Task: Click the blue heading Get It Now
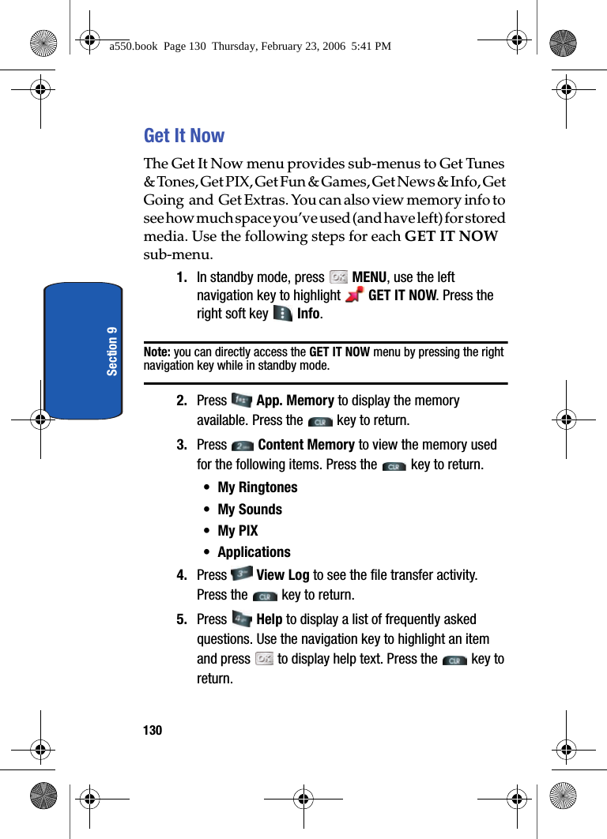(x=184, y=136)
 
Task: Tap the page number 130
(x=153, y=731)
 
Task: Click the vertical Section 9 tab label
(x=112, y=350)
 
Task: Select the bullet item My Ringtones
(x=258, y=487)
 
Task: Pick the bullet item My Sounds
(x=250, y=510)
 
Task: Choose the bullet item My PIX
(x=238, y=531)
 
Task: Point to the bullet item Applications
(x=254, y=552)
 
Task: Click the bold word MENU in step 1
(x=369, y=277)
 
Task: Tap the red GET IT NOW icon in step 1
(x=354, y=295)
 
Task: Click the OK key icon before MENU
(x=338, y=277)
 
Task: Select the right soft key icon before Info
(x=282, y=314)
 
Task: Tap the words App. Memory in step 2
(x=295, y=401)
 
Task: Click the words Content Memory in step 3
(x=306, y=445)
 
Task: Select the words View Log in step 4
(x=283, y=575)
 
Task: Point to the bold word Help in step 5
(x=270, y=619)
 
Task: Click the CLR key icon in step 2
(x=320, y=422)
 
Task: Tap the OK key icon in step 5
(x=264, y=659)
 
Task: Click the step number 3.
(x=182, y=445)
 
